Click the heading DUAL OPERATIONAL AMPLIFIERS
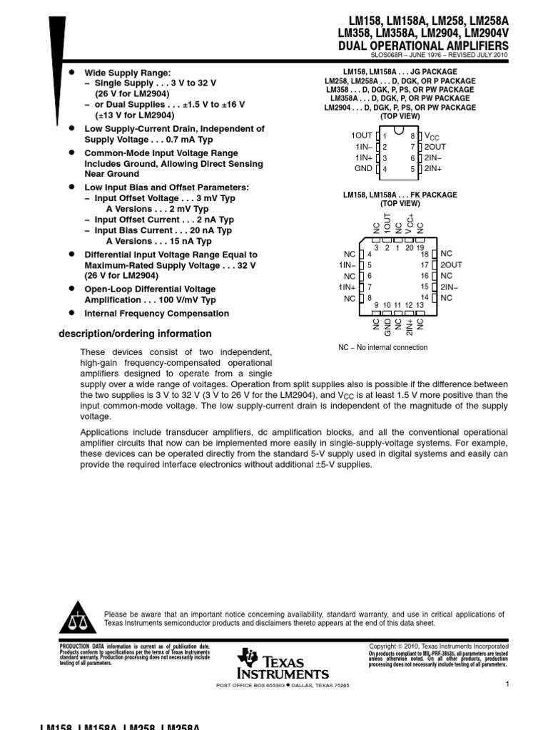(427, 46)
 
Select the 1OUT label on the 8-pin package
(362, 135)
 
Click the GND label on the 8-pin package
(363, 169)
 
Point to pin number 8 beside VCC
(412, 135)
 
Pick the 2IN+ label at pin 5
(433, 169)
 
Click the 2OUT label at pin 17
(451, 264)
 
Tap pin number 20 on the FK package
(409, 248)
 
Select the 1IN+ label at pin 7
(347, 287)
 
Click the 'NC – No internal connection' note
(382, 347)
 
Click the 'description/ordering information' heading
(134, 334)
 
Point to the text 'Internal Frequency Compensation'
(157, 314)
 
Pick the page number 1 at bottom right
(505, 684)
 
